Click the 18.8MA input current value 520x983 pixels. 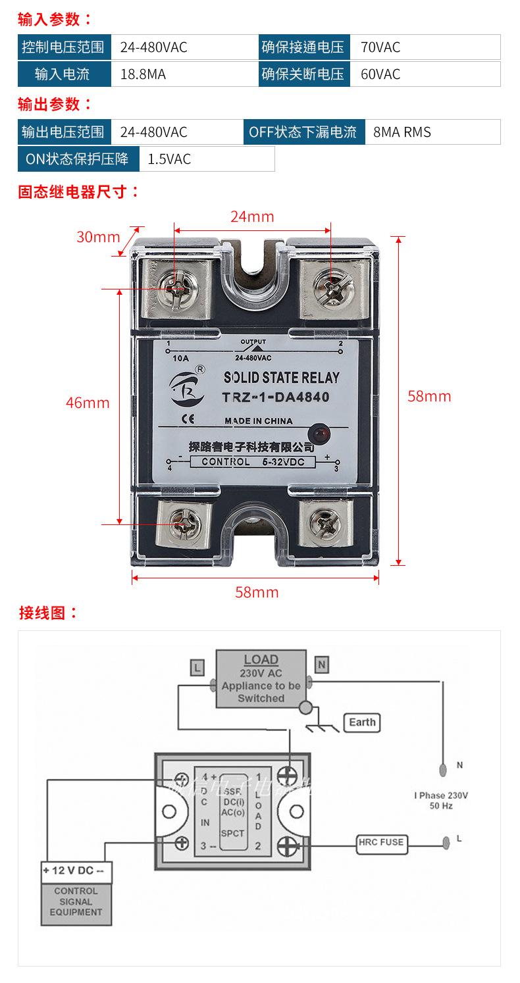[x=143, y=74]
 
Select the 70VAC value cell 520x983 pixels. [x=380, y=47]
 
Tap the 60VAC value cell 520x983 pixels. [x=380, y=74]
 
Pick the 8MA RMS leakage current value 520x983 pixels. [x=402, y=132]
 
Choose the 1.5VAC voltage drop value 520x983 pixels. [x=169, y=159]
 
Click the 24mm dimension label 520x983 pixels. [x=252, y=216]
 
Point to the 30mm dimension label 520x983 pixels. [x=98, y=237]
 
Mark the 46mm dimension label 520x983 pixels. [x=88, y=402]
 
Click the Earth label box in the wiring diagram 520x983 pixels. [x=362, y=722]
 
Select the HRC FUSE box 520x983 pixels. [x=381, y=842]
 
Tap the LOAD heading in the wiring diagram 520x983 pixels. [x=261, y=659]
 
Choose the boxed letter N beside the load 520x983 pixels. [x=321, y=665]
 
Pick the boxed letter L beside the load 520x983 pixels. [x=197, y=667]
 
